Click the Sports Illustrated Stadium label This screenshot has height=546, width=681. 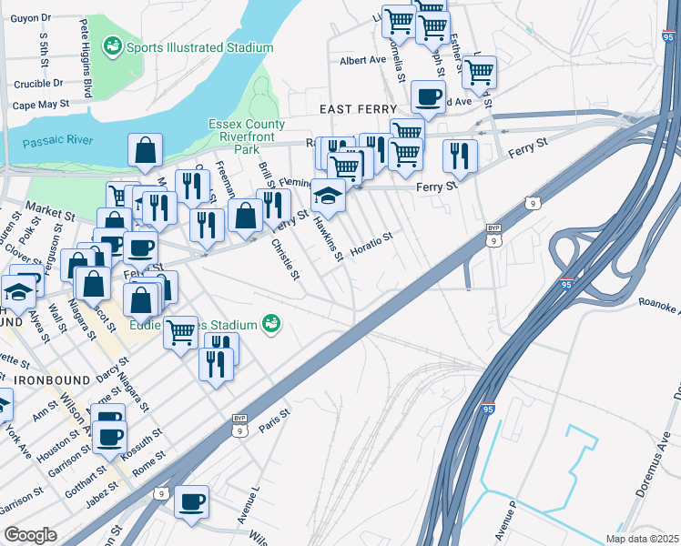pos(199,47)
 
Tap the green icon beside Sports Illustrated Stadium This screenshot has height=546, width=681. pos(114,45)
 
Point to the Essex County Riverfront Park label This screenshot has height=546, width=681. pos(247,136)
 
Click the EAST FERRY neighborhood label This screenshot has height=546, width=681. pos(358,109)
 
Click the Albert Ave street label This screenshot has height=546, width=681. pos(363,60)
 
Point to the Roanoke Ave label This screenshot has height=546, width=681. pos(658,306)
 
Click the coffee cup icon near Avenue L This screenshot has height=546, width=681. pos(192,501)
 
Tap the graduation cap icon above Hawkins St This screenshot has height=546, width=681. pos(328,195)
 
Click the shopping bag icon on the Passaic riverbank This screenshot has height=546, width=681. pos(146,151)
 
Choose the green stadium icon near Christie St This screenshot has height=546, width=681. pos(270,323)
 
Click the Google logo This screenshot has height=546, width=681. pos(30,534)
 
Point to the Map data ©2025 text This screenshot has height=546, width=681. pos(642,539)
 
